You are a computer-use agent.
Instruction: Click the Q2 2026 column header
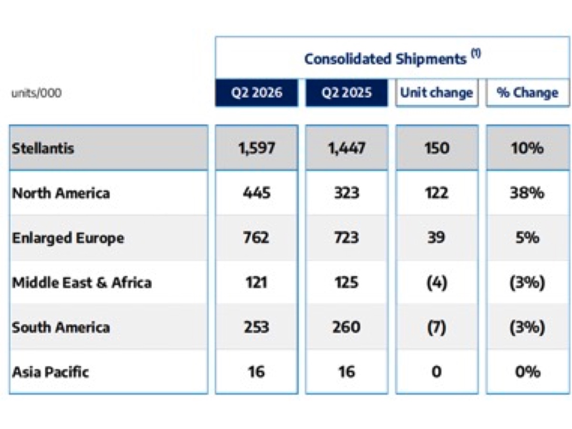[256, 92]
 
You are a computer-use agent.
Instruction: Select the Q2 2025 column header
[347, 92]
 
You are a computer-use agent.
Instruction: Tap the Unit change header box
[437, 92]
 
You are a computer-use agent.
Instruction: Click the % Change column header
[528, 92]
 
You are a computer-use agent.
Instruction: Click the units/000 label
[37, 93]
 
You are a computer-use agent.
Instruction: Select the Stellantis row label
[43, 148]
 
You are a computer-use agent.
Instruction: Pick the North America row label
[61, 193]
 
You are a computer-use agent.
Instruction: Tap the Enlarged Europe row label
[68, 238]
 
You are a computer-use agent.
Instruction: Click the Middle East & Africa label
[82, 283]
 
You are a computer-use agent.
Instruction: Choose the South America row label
[61, 327]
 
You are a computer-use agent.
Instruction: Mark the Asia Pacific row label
[51, 372]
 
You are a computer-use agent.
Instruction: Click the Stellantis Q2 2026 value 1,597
[256, 148]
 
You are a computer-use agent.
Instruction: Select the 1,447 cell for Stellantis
[347, 148]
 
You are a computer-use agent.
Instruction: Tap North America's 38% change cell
[527, 193]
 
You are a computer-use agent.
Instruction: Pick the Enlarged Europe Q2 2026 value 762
[256, 238]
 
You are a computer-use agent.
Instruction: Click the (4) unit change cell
[437, 283]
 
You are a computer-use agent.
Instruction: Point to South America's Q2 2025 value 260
[347, 327]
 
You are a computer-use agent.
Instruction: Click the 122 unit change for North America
[437, 193]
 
